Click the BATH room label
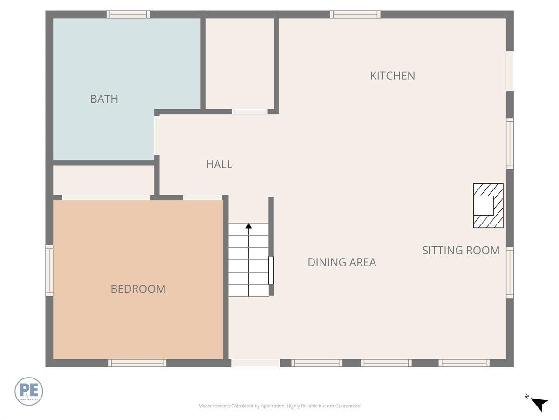click(104, 99)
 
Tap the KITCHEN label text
click(392, 76)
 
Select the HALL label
click(219, 164)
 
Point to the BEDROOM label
click(138, 289)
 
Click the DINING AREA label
click(341, 262)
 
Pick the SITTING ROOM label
click(461, 250)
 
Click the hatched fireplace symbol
click(488, 205)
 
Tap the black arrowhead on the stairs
click(249, 226)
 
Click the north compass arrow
click(539, 403)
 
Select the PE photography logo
click(29, 391)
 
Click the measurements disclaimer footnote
click(279, 406)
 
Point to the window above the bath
click(128, 14)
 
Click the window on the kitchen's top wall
click(355, 14)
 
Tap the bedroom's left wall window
click(49, 271)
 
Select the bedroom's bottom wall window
click(137, 363)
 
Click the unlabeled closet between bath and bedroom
click(103, 180)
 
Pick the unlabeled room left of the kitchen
click(239, 63)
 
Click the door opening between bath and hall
click(157, 135)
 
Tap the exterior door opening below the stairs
click(255, 363)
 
